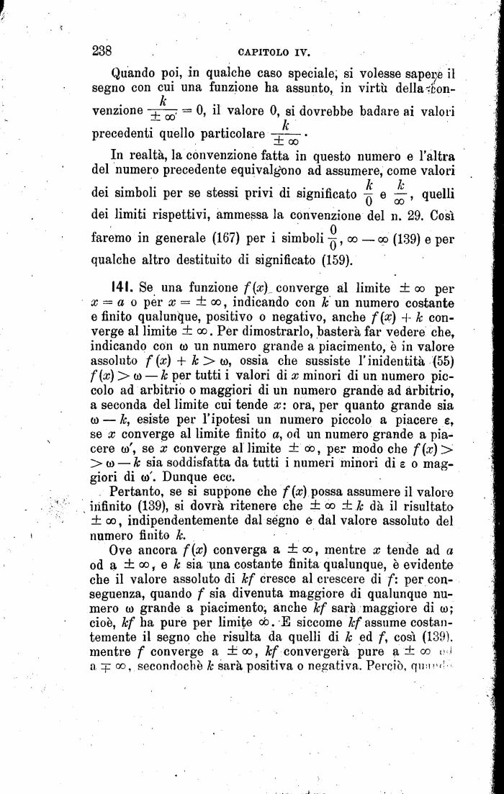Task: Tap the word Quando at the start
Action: [x=135, y=73]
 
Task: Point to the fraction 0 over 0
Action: [x=332, y=238]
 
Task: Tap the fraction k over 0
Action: [x=369, y=193]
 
